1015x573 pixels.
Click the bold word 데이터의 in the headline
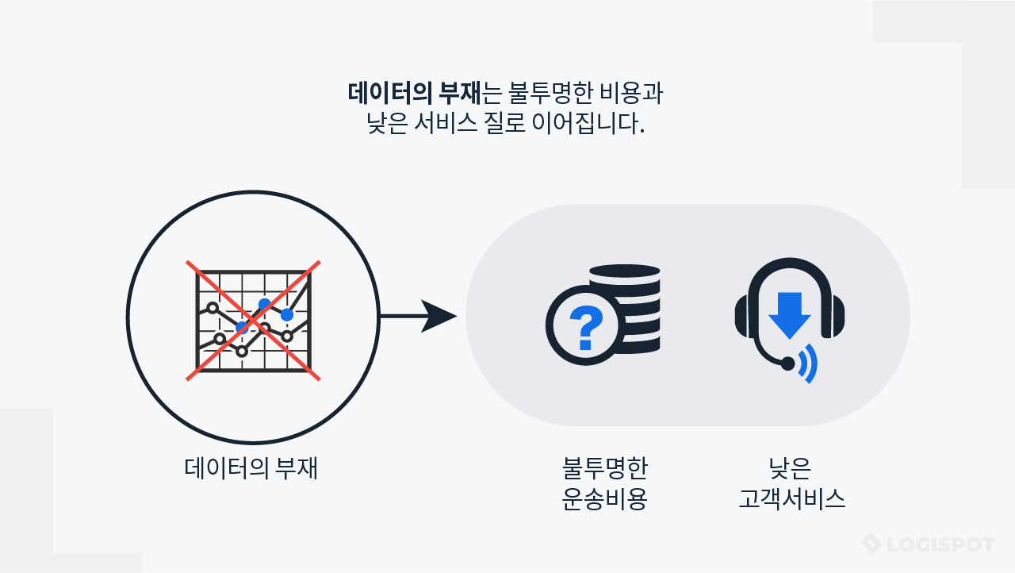click(390, 93)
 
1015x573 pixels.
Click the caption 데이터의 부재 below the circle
click(251, 467)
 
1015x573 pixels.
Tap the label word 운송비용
click(604, 499)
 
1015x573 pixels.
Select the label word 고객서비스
click(791, 499)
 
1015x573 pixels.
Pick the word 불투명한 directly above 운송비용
click(604, 468)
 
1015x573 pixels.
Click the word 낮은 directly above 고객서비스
click(791, 468)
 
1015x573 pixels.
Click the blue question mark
click(586, 325)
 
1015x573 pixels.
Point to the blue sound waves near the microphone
click(808, 364)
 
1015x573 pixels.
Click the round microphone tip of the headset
click(787, 363)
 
